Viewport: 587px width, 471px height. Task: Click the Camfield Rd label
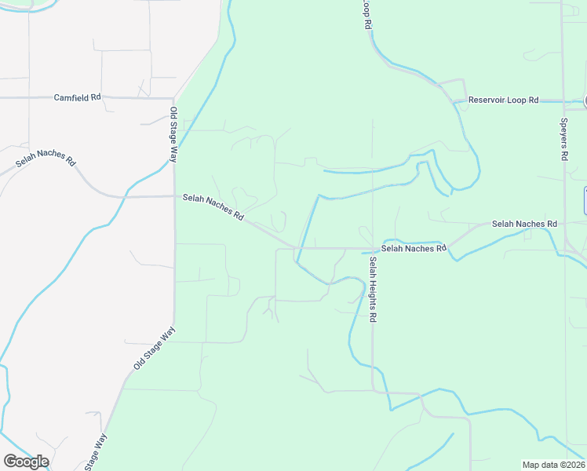[77, 97]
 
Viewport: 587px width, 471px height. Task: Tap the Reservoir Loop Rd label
[503, 100]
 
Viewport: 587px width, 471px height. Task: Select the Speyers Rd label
[563, 140]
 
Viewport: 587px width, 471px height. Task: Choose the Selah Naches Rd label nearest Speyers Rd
[524, 224]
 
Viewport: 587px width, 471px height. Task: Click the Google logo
[26, 462]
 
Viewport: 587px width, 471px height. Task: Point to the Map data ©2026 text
[553, 465]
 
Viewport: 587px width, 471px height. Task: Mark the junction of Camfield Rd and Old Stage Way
[173, 98]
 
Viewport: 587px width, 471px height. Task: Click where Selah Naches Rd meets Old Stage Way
[174, 195]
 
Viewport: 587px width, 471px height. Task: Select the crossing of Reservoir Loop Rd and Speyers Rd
[563, 101]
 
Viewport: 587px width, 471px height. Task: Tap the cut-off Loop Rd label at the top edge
[366, 14]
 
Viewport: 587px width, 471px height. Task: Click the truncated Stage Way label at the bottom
[95, 453]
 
